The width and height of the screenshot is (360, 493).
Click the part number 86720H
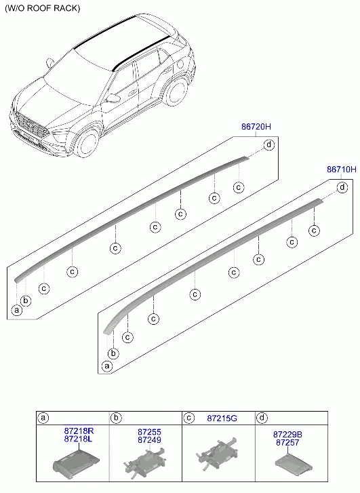[256, 127]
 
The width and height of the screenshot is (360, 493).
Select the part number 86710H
[342, 170]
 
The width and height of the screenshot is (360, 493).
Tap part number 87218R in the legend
[79, 431]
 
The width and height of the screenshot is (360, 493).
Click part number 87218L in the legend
[78, 439]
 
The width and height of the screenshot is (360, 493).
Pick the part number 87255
[149, 432]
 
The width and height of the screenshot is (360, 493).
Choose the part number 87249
[149, 440]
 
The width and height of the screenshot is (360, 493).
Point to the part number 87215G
[222, 418]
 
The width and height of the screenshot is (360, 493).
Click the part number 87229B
[287, 435]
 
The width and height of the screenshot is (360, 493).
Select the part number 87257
[287, 442]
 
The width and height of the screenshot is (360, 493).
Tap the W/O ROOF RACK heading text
[43, 8]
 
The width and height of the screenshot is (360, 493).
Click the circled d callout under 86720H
[269, 145]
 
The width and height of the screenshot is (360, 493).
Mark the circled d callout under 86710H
[342, 188]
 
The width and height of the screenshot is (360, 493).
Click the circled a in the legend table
[43, 418]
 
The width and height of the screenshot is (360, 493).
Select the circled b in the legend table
[116, 418]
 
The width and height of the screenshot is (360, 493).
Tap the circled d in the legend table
[262, 418]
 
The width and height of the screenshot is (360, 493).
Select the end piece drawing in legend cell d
[294, 462]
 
